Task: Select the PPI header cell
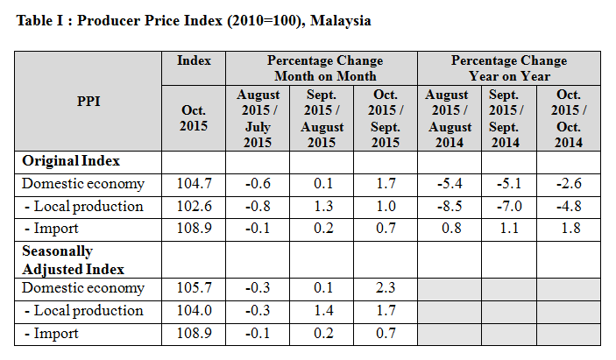(x=89, y=101)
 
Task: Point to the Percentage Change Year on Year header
(x=508, y=68)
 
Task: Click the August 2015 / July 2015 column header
(x=258, y=118)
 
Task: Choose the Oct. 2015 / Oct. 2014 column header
(x=568, y=118)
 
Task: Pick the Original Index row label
(x=71, y=161)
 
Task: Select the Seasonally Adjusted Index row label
(x=73, y=260)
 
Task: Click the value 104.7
(x=194, y=184)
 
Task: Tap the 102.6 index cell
(x=194, y=207)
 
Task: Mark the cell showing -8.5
(x=449, y=207)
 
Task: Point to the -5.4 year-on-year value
(x=449, y=184)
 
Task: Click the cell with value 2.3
(x=385, y=288)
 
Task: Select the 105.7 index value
(x=194, y=288)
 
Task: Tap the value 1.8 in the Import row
(x=568, y=229)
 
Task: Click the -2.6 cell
(x=568, y=184)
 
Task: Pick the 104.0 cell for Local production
(x=194, y=311)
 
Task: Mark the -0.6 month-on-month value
(x=258, y=184)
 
